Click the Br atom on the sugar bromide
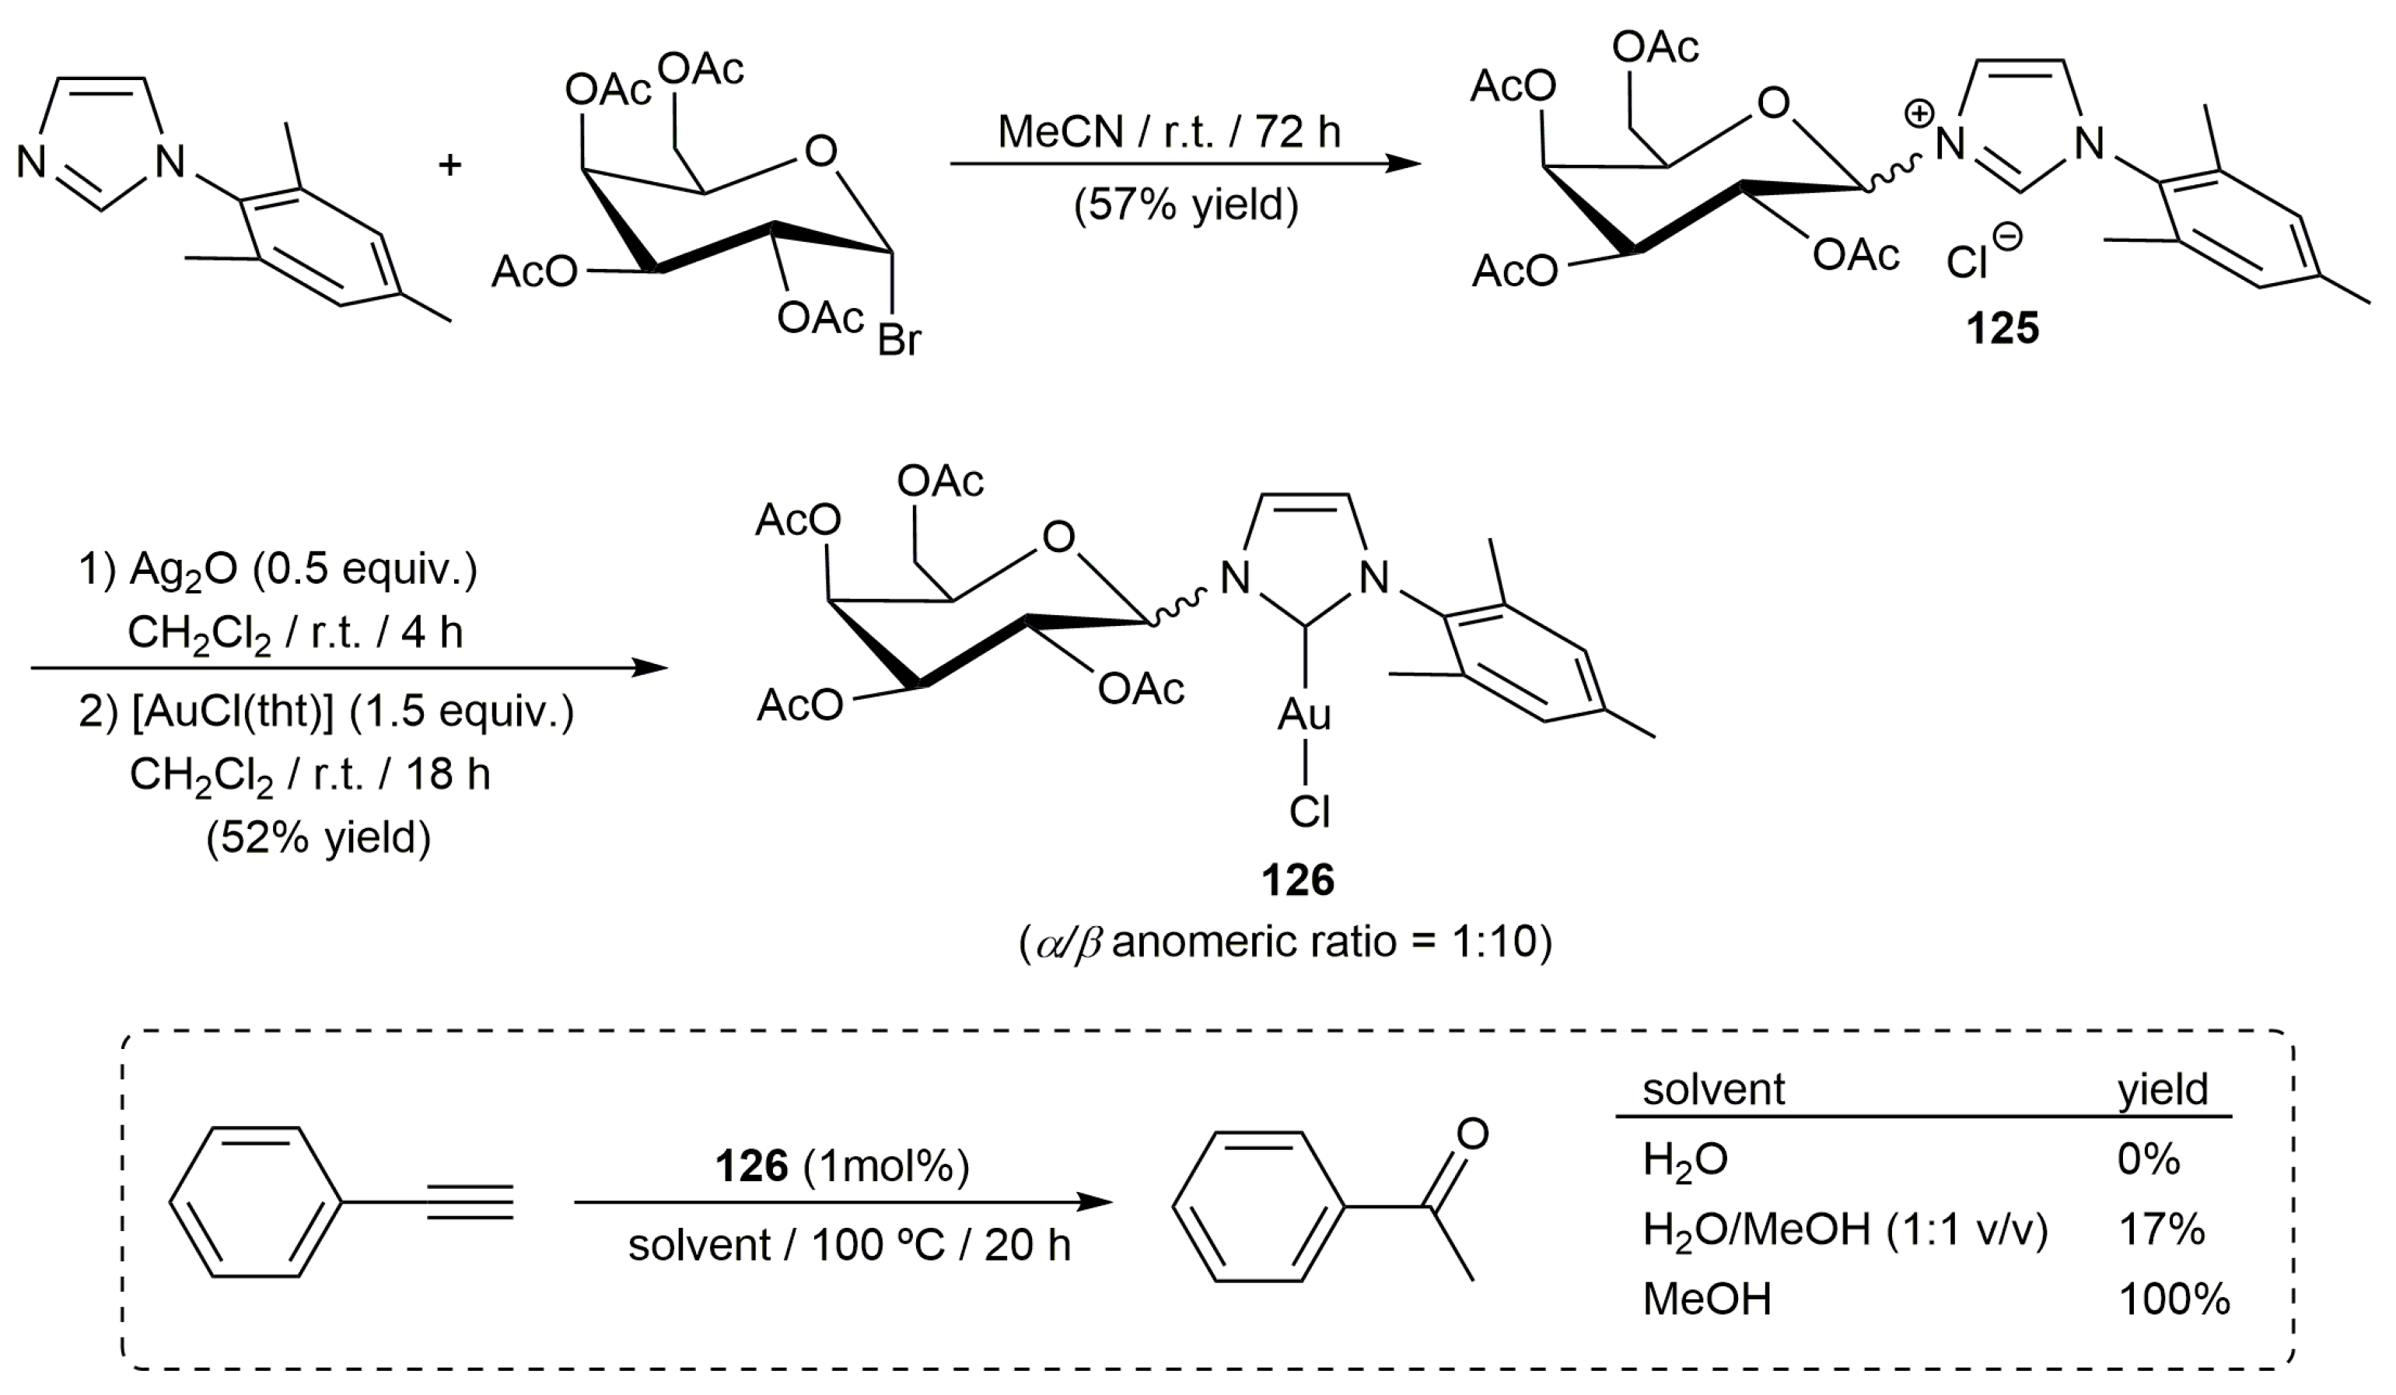pos(898,340)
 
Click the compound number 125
pos(2002,329)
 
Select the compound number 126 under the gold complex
pos(1297,879)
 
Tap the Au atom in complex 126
pos(1303,714)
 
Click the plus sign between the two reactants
pos(449,166)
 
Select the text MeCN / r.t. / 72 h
pos(1169,131)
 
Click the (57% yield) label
pos(1184,204)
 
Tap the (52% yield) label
pos(317,837)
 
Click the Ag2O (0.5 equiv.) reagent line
pos(278,568)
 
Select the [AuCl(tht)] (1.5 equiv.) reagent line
pos(326,711)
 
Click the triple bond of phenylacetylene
pos(470,1202)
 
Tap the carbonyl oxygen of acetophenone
pos(1472,1134)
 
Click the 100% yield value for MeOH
pos(2173,1299)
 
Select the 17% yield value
pos(2160,1229)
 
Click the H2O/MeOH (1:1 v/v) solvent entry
pos(1845,1229)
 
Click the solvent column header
pos(1713,1089)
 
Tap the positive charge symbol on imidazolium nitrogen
pos(1919,115)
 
